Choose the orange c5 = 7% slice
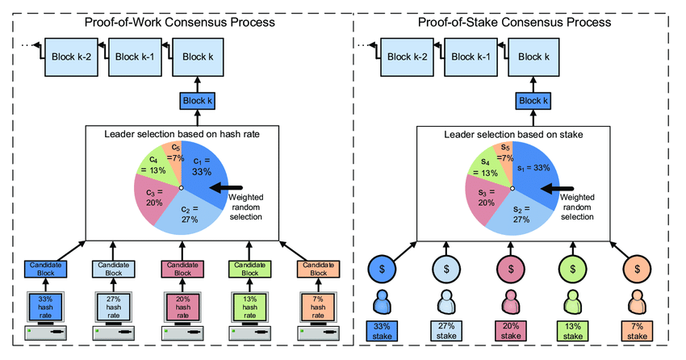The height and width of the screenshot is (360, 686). (x=170, y=151)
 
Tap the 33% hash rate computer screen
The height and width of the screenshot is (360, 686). (x=44, y=308)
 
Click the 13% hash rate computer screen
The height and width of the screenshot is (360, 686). (x=250, y=308)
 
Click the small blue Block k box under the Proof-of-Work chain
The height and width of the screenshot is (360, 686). (x=199, y=102)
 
